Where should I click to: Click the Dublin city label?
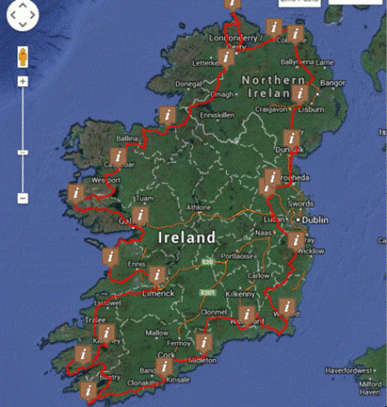[316, 220]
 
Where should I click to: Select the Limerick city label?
[159, 292]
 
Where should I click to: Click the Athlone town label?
[198, 208]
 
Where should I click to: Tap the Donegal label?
[189, 83]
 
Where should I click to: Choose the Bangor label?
[331, 82]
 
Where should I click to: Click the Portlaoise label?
[236, 257]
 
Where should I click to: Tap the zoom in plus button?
[22, 81]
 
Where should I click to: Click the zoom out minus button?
[22, 198]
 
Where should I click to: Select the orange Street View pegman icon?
[22, 57]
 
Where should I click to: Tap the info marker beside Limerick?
[158, 274]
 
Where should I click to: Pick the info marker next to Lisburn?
[300, 94]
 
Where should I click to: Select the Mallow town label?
[157, 333]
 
